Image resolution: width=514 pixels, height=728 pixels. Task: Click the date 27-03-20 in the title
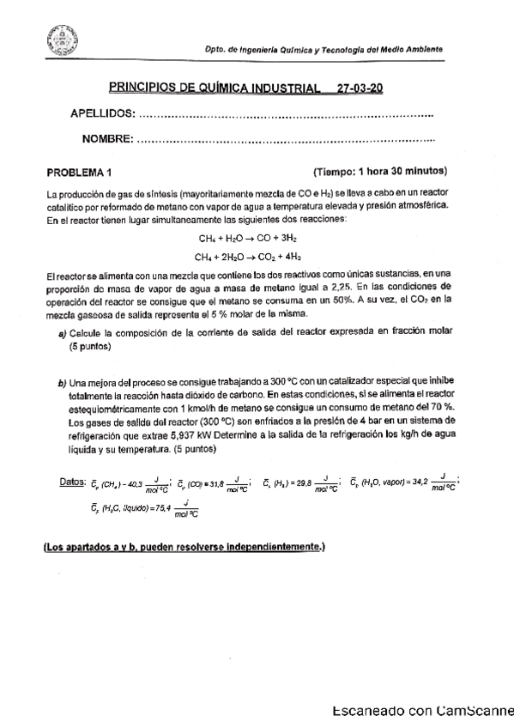click(x=360, y=88)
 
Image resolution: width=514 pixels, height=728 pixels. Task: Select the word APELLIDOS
click(x=101, y=114)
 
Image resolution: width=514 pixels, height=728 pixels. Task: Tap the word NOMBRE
click(x=107, y=139)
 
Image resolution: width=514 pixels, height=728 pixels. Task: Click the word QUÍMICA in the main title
click(x=198, y=88)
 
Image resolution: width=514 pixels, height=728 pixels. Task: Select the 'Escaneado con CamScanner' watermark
click(x=421, y=711)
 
